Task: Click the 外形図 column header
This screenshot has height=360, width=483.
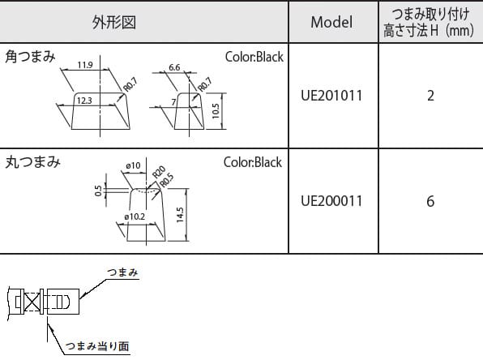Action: [x=114, y=22]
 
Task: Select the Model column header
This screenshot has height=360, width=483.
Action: [x=331, y=22]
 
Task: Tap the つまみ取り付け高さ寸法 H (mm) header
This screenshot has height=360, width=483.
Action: [x=429, y=22]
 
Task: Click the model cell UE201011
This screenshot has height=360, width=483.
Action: [x=331, y=96]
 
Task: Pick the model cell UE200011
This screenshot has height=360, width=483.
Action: [x=331, y=201]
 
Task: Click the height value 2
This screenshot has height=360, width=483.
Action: [x=430, y=96]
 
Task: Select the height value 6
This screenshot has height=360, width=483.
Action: [x=430, y=201]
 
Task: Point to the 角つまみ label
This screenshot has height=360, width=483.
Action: [x=30, y=57]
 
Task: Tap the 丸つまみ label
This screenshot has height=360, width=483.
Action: [x=32, y=162]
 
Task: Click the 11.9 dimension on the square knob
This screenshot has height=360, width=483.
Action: [x=85, y=65]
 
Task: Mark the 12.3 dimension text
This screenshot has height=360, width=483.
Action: [x=84, y=101]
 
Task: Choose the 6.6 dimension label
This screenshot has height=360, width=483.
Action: [x=174, y=67]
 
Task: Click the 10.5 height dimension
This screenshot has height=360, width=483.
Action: [x=216, y=111]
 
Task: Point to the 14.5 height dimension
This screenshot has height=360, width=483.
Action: [x=180, y=215]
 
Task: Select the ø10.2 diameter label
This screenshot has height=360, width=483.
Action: [x=135, y=216]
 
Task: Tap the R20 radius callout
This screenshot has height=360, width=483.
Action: [x=159, y=172]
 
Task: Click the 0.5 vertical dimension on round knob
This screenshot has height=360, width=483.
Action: [x=98, y=191]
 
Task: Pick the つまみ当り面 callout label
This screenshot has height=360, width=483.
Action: [x=97, y=346]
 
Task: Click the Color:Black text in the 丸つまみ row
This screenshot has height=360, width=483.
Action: [x=253, y=162]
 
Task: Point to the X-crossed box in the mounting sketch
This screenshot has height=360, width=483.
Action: [x=32, y=302]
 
